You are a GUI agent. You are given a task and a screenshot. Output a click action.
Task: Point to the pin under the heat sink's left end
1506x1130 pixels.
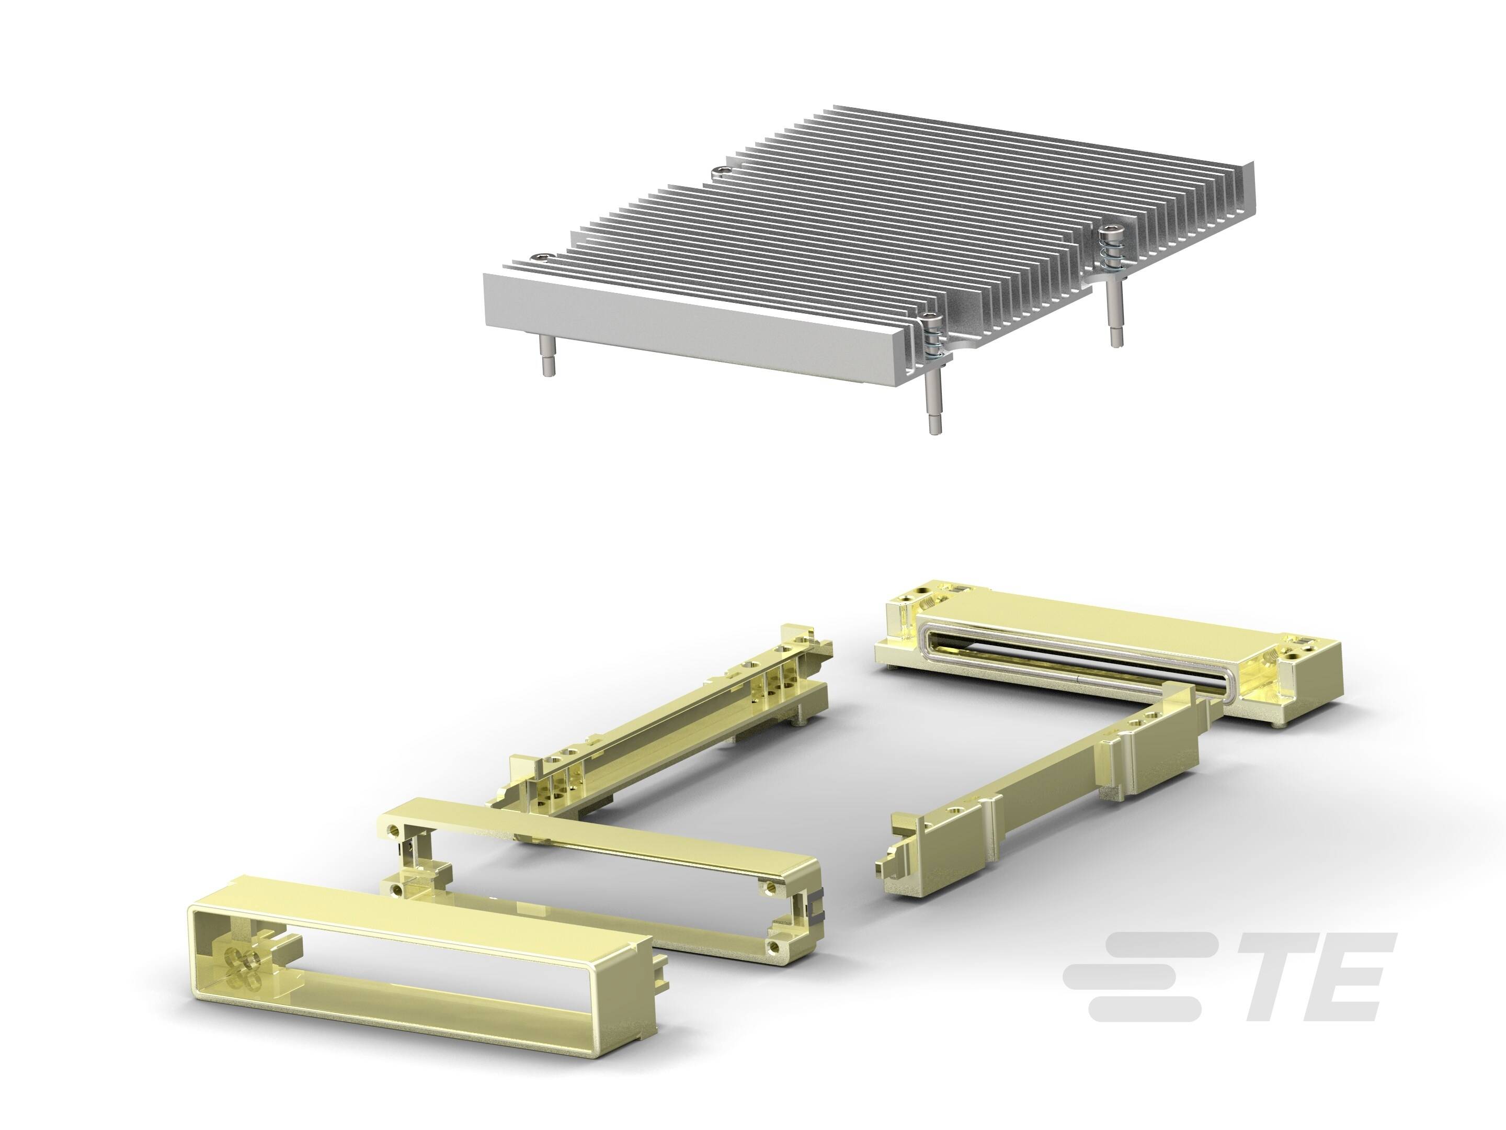(547, 355)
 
